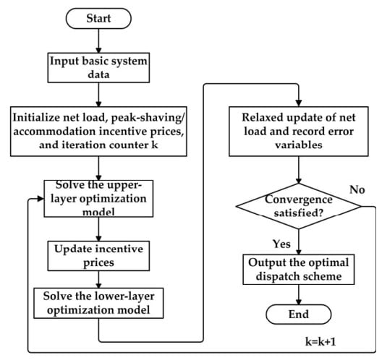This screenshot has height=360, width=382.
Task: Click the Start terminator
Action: (x=98, y=19)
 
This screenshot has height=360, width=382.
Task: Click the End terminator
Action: (x=298, y=314)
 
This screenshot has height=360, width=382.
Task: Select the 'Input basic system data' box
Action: (x=98, y=68)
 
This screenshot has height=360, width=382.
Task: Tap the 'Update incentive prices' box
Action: (x=98, y=256)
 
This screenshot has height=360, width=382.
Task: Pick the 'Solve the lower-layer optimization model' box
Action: (x=98, y=303)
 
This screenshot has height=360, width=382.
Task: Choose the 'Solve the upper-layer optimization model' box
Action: (x=98, y=199)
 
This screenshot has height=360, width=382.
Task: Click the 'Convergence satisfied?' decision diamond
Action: (x=298, y=206)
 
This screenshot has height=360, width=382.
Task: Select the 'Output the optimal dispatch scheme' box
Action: (x=298, y=270)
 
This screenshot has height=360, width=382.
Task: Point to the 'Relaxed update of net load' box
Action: (x=298, y=131)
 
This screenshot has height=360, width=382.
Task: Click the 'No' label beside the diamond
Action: (x=357, y=189)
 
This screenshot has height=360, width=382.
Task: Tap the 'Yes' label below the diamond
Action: (x=281, y=244)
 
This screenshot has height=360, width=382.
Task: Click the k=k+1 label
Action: (x=321, y=341)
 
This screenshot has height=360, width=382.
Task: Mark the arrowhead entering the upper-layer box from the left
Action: (x=41, y=199)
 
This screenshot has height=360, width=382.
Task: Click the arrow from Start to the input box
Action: (x=98, y=40)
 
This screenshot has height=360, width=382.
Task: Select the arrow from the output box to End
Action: (x=298, y=294)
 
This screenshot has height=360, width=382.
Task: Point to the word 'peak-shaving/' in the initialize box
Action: (x=148, y=118)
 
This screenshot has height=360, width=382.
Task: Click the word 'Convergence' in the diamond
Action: (x=299, y=200)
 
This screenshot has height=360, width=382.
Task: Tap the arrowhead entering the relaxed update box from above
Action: (x=298, y=103)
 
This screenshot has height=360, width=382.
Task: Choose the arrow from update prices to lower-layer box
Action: (x=98, y=280)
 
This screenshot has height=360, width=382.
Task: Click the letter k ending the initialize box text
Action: (x=154, y=145)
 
